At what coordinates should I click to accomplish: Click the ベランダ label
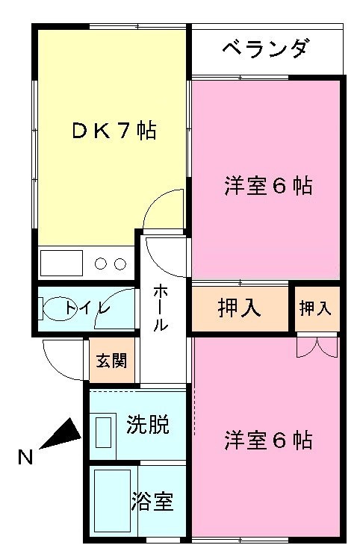(x=266, y=49)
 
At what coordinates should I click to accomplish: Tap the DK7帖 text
(x=114, y=131)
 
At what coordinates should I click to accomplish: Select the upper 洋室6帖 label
(x=268, y=186)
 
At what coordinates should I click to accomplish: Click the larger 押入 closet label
(x=240, y=308)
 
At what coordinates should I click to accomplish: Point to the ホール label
(x=161, y=308)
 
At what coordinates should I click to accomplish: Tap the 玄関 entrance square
(x=112, y=361)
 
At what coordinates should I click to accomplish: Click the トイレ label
(x=87, y=308)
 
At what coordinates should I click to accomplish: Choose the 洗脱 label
(x=148, y=425)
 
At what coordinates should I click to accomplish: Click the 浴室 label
(x=152, y=502)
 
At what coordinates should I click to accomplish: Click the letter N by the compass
(x=25, y=457)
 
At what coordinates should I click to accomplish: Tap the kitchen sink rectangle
(x=61, y=263)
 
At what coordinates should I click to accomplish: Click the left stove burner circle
(x=101, y=264)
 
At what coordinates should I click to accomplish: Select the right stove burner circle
(x=120, y=264)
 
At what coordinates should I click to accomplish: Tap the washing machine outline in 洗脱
(x=104, y=435)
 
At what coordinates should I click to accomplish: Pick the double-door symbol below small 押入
(x=317, y=346)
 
